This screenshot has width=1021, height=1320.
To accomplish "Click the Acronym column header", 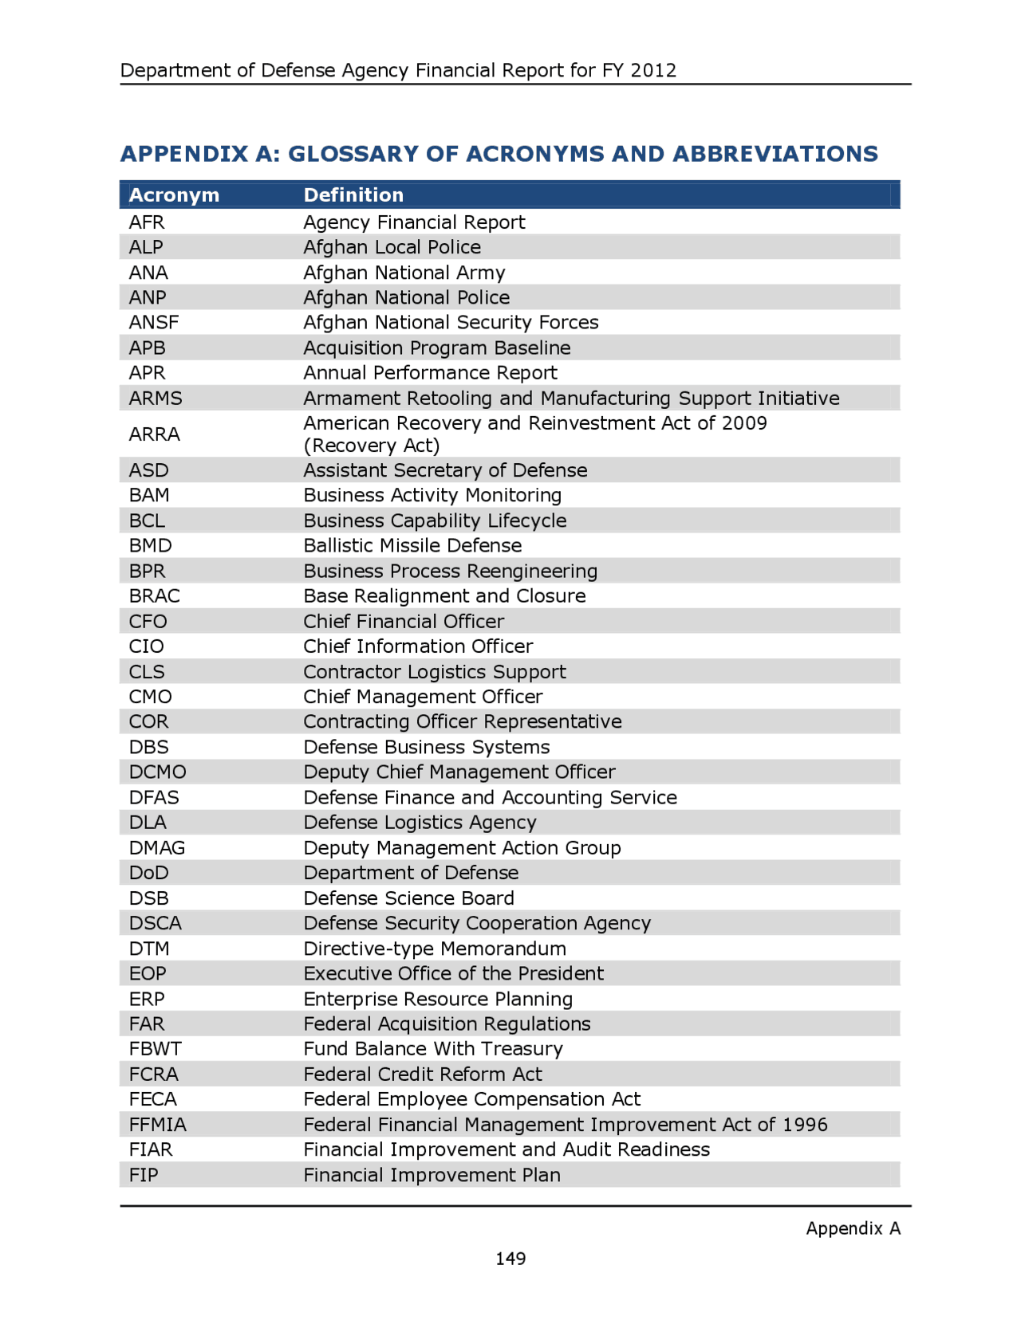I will [x=174, y=195].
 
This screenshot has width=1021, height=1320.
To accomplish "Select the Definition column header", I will [x=353, y=195].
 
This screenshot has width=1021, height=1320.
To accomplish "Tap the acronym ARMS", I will [x=156, y=398].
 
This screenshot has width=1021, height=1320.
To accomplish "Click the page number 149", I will [x=510, y=1258].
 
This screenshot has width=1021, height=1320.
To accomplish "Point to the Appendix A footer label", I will [x=853, y=1228].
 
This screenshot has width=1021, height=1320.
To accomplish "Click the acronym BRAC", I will [x=155, y=595].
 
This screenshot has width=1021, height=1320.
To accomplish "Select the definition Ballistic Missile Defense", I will [x=412, y=545].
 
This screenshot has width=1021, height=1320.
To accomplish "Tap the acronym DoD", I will [x=149, y=872].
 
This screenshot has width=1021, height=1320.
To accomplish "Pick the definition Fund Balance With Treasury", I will [x=433, y=1048].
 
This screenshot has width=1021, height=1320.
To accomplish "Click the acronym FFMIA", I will [x=158, y=1124].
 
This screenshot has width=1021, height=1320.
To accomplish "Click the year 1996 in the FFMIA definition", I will [x=805, y=1124].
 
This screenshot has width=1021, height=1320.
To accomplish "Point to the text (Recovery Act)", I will [x=372, y=446].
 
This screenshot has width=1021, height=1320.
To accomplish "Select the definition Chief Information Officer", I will [x=418, y=646].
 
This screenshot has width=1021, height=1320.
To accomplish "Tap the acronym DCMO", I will [x=158, y=772].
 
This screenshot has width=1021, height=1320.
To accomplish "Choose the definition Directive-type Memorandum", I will [x=435, y=948].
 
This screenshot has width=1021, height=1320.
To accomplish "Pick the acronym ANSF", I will [x=154, y=322].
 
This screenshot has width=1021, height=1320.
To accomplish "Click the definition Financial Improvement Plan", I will [x=432, y=1174].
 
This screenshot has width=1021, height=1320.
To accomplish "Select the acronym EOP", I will [x=148, y=973].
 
